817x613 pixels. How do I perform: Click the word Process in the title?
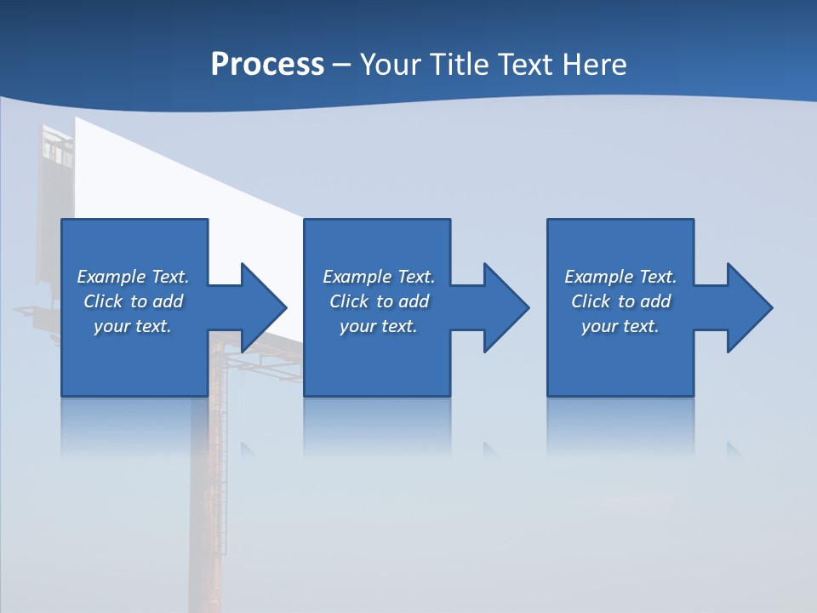(x=267, y=65)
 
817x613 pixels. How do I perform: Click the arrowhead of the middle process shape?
(x=506, y=307)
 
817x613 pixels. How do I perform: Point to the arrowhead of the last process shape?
(x=748, y=307)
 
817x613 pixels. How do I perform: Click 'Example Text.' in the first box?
(x=133, y=277)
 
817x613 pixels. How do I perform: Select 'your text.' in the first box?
(x=133, y=326)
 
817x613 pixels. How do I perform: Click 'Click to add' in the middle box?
(x=379, y=301)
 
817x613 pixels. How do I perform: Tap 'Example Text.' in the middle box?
(x=379, y=277)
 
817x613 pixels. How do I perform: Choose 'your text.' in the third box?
(x=620, y=326)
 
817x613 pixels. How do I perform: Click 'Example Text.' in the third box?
(x=620, y=277)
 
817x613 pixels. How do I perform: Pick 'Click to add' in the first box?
(x=133, y=301)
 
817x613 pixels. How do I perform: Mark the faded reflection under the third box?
(x=620, y=426)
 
